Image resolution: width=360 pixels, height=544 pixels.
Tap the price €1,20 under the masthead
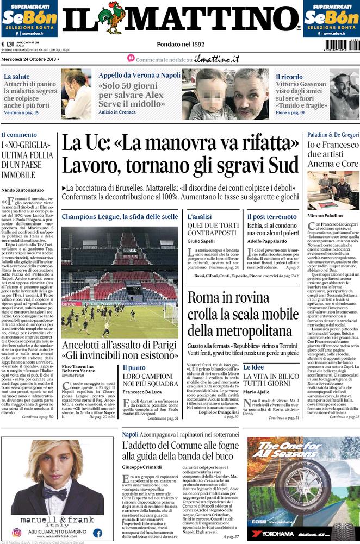(x=8, y=45)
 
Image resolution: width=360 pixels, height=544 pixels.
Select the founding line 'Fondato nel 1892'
(x=179, y=43)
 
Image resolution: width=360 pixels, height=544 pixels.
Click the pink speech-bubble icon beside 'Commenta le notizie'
(x=131, y=58)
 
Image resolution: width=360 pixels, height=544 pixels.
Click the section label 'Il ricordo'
(x=289, y=77)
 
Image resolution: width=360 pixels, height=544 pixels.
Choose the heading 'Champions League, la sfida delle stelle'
(x=120, y=217)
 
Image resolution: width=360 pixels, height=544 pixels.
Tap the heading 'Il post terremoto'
(x=272, y=217)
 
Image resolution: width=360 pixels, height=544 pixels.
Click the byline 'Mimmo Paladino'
(x=325, y=215)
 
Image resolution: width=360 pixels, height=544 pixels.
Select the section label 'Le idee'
(x=253, y=367)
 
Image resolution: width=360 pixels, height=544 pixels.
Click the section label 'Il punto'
(x=133, y=367)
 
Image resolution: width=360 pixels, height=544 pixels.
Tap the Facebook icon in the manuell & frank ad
(x=97, y=533)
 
